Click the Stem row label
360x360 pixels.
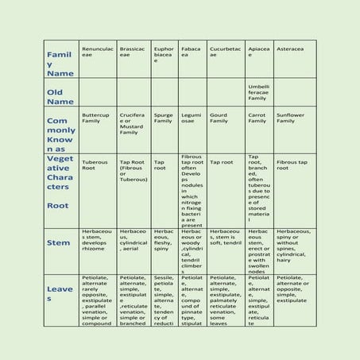(x=59, y=242)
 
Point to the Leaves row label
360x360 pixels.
(x=60, y=294)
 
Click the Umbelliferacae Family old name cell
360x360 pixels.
(x=258, y=92)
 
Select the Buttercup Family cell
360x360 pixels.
(x=96, y=118)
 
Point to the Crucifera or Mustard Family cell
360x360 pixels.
(x=133, y=123)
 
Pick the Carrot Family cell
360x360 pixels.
(x=257, y=118)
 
